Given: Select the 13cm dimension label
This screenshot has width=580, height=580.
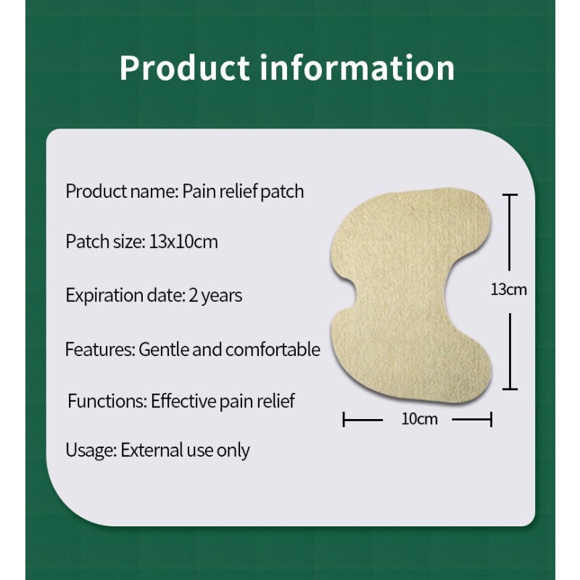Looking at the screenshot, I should [x=509, y=290].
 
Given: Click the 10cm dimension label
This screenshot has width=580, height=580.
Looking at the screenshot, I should [x=419, y=419].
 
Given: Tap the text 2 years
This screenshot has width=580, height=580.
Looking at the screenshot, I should [x=215, y=295].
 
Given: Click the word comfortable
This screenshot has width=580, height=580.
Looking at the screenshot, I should [x=273, y=349].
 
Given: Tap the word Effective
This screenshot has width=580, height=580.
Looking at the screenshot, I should [x=184, y=401].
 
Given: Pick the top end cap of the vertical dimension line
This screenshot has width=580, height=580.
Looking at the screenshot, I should [x=510, y=195].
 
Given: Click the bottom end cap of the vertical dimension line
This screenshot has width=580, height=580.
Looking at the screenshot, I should [x=510, y=389].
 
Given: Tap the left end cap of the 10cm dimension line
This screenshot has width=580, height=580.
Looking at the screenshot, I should [x=344, y=419].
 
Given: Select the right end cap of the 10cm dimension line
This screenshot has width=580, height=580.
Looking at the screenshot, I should [x=492, y=419].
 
